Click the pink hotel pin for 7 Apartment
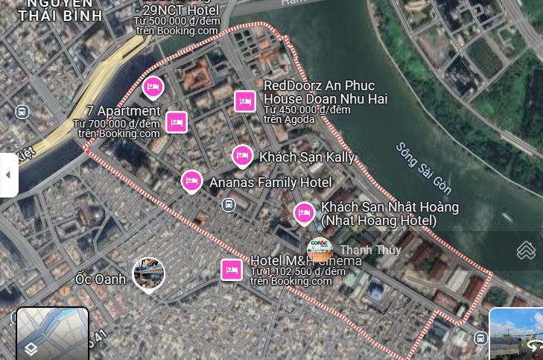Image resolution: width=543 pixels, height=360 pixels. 177,121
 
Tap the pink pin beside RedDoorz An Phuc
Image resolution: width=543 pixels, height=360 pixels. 245,101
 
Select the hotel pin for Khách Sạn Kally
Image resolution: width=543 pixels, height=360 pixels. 242,156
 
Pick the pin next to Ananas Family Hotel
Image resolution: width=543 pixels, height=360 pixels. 191,181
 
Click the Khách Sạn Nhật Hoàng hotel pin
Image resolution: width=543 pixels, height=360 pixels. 304,213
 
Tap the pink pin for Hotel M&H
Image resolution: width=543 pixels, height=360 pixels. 232,269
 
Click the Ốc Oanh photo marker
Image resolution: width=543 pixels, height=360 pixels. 148,274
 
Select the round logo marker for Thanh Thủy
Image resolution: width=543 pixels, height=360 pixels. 320,250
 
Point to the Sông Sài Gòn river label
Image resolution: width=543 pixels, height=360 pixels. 423,168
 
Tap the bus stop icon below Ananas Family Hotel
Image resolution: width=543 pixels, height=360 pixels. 229,204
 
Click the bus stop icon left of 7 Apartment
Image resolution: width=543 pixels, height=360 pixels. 22,112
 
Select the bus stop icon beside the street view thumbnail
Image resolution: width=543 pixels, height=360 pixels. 480,338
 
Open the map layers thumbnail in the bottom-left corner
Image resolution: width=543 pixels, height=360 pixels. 52,334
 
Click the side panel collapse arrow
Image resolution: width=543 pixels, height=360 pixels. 8,175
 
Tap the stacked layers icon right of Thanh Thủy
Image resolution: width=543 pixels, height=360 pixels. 526,250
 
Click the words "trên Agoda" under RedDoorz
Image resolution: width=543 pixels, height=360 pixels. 289,119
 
